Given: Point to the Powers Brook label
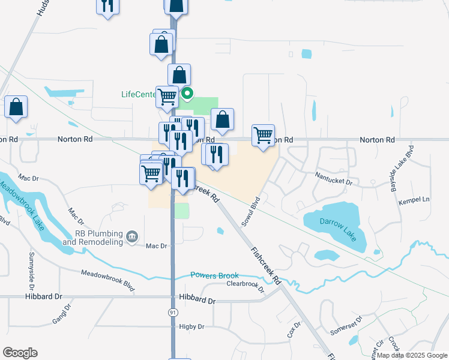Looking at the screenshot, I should pos(214,275).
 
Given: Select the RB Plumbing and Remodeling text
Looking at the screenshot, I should pos(100,238).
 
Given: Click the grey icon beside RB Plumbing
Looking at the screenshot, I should pos(132,238).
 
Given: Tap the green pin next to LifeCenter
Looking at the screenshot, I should pos(187,93).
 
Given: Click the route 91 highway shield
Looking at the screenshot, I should pos(173,313).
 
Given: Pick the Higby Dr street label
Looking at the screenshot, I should pos(191,327).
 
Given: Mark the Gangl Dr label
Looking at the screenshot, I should pos(61,313).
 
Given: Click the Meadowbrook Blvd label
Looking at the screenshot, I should pos(108,274).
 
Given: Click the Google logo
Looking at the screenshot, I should pos(20,353).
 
